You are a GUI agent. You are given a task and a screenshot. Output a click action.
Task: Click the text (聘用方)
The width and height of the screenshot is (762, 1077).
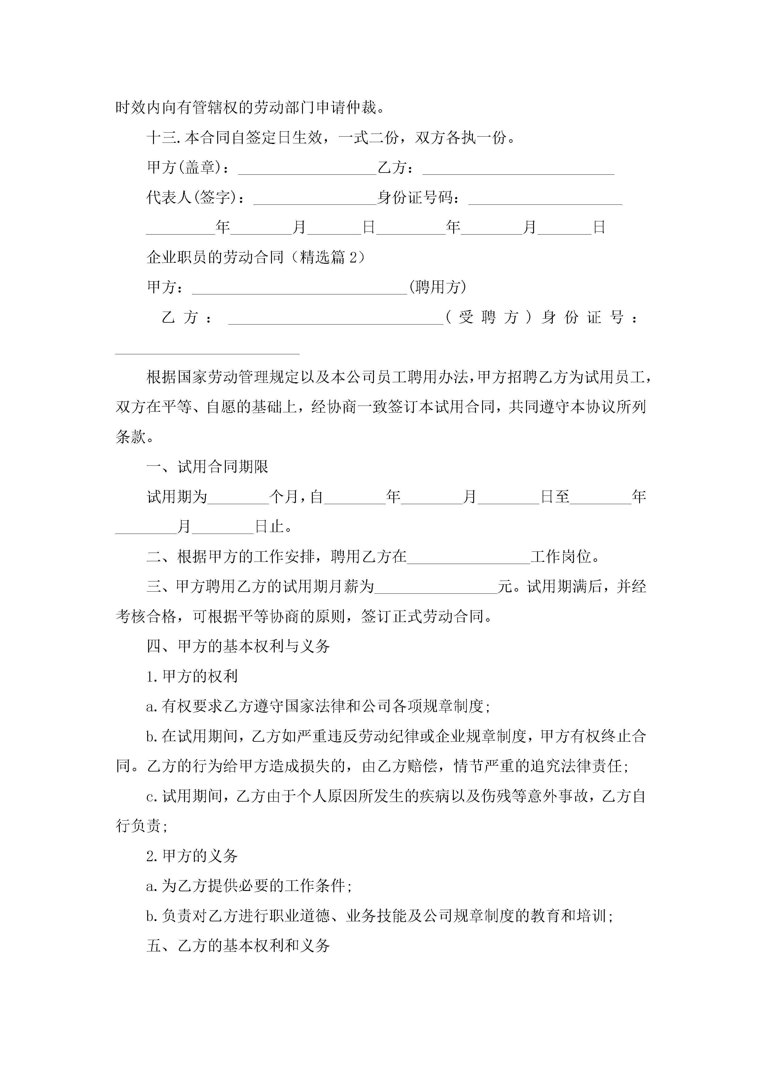click(x=438, y=287)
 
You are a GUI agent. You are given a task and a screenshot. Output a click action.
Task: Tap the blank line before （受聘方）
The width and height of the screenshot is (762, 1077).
click(x=336, y=319)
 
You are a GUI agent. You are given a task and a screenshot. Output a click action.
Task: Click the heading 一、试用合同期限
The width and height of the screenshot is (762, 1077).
click(x=207, y=467)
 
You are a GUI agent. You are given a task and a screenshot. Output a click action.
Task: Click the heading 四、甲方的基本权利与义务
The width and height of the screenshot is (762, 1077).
click(x=238, y=646)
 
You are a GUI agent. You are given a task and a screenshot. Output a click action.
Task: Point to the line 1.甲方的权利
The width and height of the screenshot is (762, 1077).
click(x=192, y=676)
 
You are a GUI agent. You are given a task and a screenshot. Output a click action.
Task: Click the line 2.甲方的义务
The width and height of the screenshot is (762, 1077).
click(x=192, y=856)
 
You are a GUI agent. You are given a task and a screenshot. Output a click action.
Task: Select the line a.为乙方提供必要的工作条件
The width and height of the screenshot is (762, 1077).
click(x=249, y=886)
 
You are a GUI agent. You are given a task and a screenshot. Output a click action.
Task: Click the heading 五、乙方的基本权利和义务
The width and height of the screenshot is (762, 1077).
click(x=238, y=946)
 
